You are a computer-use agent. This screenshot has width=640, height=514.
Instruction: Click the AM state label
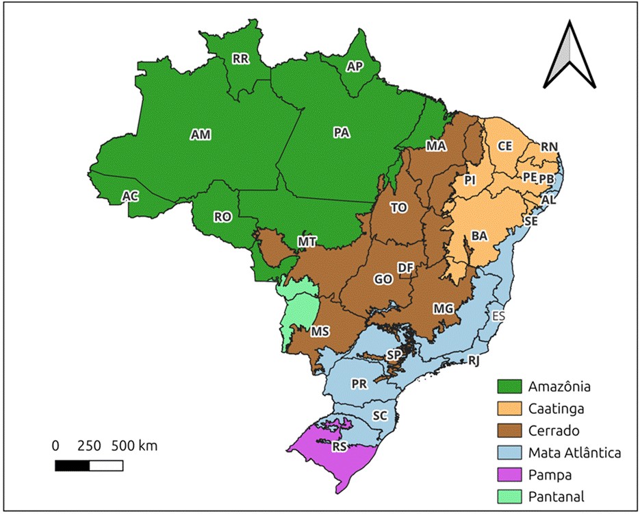click(x=201, y=136)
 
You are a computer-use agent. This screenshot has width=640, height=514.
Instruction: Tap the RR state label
click(x=240, y=60)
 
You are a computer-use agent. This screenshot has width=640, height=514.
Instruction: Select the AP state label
click(x=355, y=66)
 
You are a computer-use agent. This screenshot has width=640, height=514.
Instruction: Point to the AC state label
click(x=130, y=197)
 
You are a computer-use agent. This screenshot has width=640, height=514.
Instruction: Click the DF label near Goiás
click(x=405, y=268)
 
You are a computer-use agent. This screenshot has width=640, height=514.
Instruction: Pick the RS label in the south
click(x=340, y=447)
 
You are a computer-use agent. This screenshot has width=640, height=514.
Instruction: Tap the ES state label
click(x=499, y=316)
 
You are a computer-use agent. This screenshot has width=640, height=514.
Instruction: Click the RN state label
click(x=550, y=147)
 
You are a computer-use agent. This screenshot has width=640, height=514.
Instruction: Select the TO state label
click(x=398, y=208)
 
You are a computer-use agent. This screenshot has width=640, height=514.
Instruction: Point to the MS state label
click(x=320, y=332)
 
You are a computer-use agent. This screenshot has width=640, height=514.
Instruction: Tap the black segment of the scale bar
click(x=72, y=466)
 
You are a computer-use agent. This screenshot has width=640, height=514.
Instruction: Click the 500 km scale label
click(x=139, y=446)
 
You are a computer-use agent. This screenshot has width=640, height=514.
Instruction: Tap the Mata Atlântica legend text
click(x=574, y=452)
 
